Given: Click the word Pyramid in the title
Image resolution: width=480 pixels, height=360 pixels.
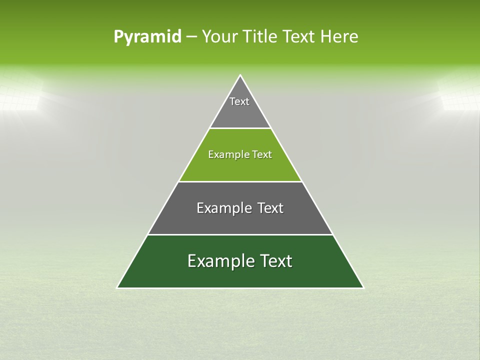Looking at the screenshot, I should click(x=147, y=37).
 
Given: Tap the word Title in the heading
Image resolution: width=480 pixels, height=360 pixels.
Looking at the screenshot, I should click(x=262, y=36).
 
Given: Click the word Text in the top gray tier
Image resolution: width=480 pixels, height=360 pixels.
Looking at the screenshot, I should click(x=239, y=101).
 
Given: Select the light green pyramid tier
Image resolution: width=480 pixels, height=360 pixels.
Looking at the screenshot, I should click(x=240, y=167).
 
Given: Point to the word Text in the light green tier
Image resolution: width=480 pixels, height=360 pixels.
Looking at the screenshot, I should click(x=262, y=154).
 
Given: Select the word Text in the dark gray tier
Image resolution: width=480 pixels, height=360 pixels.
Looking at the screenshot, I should click(x=270, y=208).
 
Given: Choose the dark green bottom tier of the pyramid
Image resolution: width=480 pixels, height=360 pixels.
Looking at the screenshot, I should click(x=240, y=275).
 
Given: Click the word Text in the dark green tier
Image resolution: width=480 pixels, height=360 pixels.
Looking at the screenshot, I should click(x=274, y=261).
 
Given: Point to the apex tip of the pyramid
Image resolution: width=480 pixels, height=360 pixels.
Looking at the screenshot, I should click(x=240, y=76).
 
